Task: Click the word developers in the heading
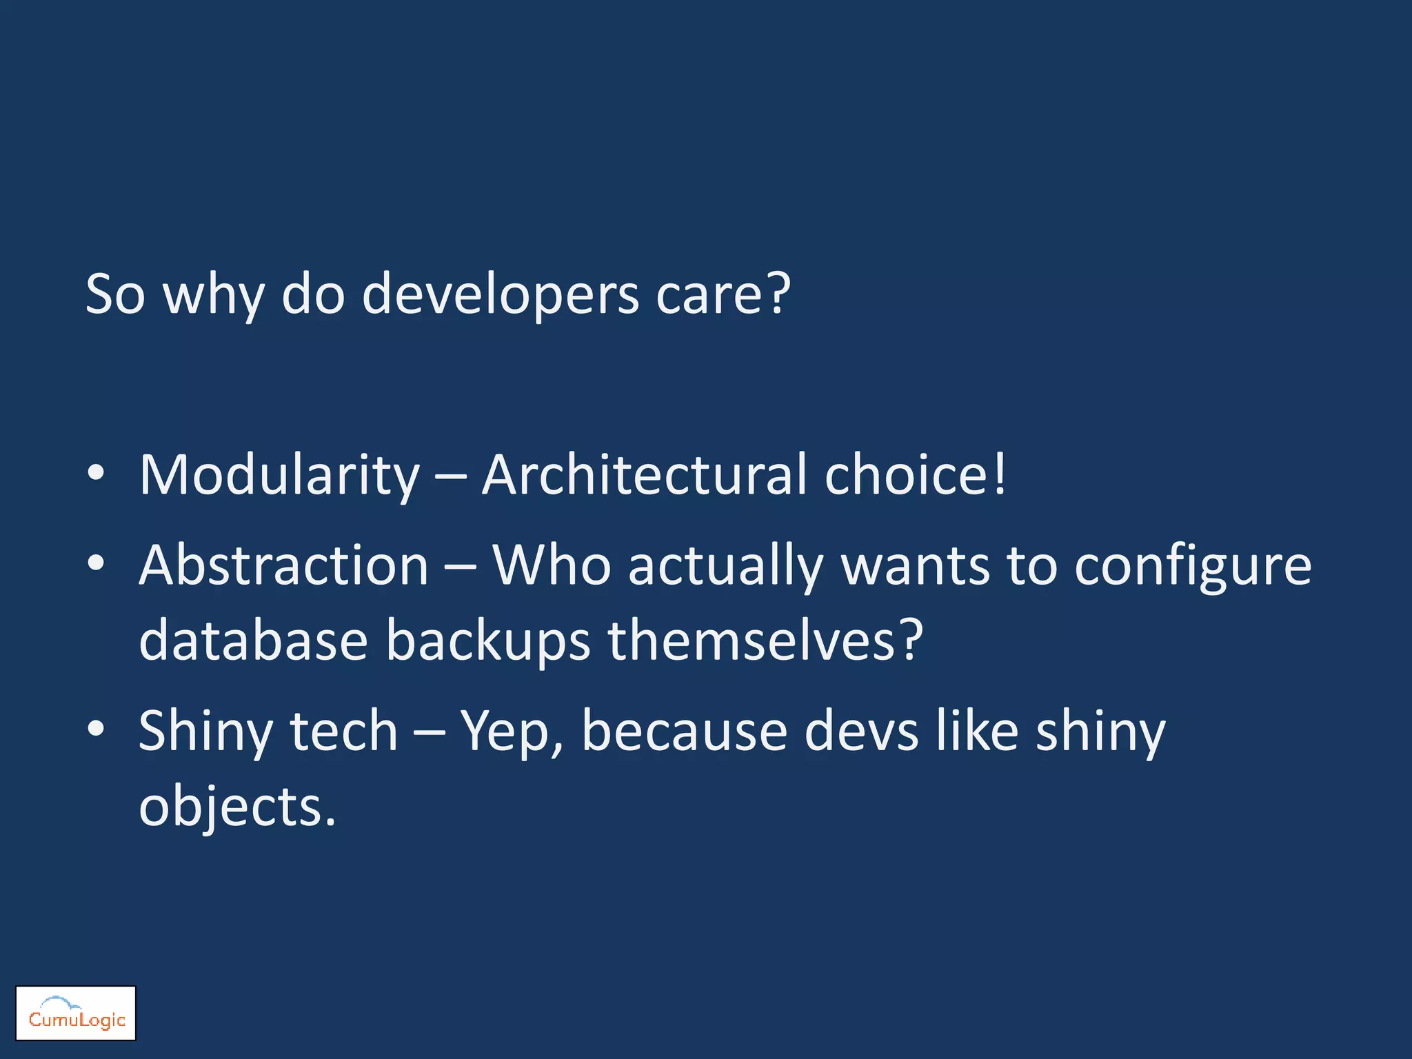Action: (501, 295)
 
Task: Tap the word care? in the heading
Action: (723, 295)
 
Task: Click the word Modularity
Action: (279, 476)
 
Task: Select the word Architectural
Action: (644, 476)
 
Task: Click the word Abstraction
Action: (284, 565)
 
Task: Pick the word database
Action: (253, 641)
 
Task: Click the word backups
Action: (487, 641)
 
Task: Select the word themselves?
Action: (765, 641)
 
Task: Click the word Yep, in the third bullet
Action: (512, 732)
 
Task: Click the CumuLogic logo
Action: (76, 1013)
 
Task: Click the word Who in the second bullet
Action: (552, 565)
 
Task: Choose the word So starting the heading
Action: (115, 295)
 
